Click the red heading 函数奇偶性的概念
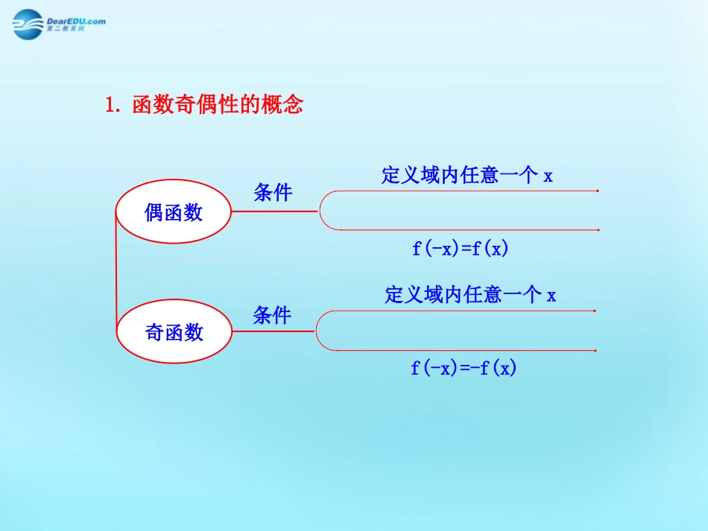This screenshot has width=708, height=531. click(x=217, y=105)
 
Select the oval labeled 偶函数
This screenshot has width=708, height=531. click(x=174, y=212)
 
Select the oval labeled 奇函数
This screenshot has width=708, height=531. click(x=174, y=331)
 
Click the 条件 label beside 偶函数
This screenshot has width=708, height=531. click(x=273, y=193)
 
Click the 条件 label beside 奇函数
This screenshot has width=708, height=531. click(x=272, y=315)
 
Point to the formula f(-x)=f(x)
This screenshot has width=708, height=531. click(x=460, y=249)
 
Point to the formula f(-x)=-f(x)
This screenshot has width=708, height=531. click(x=464, y=367)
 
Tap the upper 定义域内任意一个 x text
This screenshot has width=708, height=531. click(x=467, y=176)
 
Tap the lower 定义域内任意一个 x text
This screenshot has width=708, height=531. click(x=470, y=295)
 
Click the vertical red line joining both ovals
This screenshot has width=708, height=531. click(x=116, y=272)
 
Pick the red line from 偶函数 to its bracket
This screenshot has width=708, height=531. click(x=275, y=211)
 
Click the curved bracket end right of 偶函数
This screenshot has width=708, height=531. click(x=321, y=211)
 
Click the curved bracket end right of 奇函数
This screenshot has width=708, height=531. click(x=318, y=331)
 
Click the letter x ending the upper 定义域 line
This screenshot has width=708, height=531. click(x=548, y=177)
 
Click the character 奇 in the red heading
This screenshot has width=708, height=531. click(x=185, y=105)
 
